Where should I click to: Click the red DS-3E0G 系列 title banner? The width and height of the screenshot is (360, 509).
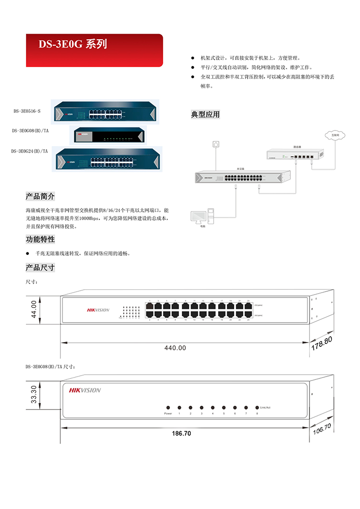click(x=94, y=50)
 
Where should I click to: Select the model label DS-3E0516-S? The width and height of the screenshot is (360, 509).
click(x=27, y=111)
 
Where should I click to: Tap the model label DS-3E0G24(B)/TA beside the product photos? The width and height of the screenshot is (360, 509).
click(x=30, y=151)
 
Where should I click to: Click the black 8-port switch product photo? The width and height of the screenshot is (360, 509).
click(x=107, y=135)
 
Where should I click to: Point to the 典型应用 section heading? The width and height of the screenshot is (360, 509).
click(x=205, y=114)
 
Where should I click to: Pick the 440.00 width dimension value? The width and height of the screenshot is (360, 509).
click(x=175, y=348)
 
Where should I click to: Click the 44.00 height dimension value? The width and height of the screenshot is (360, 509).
click(x=34, y=309)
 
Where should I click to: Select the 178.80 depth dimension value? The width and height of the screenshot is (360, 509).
click(x=322, y=343)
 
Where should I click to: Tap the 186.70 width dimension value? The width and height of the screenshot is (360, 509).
click(x=181, y=433)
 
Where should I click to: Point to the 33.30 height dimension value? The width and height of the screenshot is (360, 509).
click(x=34, y=395)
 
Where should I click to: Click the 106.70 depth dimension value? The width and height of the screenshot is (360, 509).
click(x=322, y=428)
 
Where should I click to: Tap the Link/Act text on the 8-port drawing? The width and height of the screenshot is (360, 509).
click(x=268, y=407)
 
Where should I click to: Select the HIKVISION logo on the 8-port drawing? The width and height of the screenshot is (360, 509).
click(x=85, y=390)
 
